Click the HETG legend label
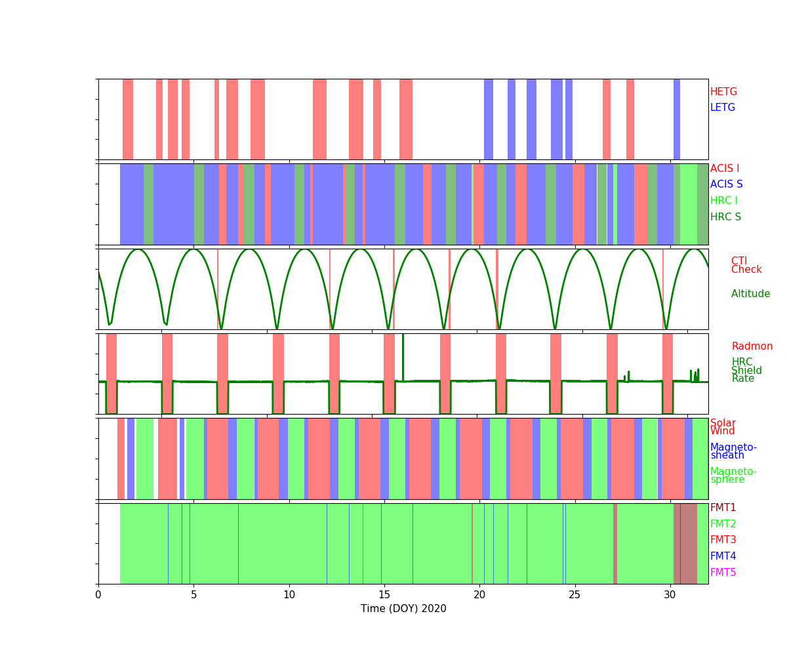(723, 92)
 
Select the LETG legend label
(723, 108)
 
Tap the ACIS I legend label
(725, 169)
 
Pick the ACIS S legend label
(725, 184)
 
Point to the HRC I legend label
(724, 201)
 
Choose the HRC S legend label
(725, 217)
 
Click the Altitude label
(750, 294)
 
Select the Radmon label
(752, 346)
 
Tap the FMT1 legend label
(723, 508)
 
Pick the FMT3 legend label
(723, 540)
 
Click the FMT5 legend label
(723, 573)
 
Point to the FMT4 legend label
(723, 556)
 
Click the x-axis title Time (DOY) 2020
(403, 609)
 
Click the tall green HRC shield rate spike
(403, 354)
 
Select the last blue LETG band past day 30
(677, 119)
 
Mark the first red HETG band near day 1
(128, 119)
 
